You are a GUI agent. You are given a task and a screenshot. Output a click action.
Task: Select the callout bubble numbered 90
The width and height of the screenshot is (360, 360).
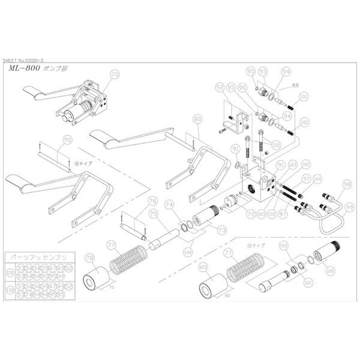pyautogui.click(x=67, y=140)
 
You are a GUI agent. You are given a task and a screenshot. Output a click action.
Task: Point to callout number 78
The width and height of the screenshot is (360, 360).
pyautogui.click(x=89, y=258)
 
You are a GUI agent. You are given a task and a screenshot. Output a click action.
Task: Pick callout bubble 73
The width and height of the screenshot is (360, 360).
pyautogui.click(x=205, y=229)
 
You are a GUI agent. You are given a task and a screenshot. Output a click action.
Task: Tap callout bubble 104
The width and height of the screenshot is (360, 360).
pyautogui.click(x=317, y=178)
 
